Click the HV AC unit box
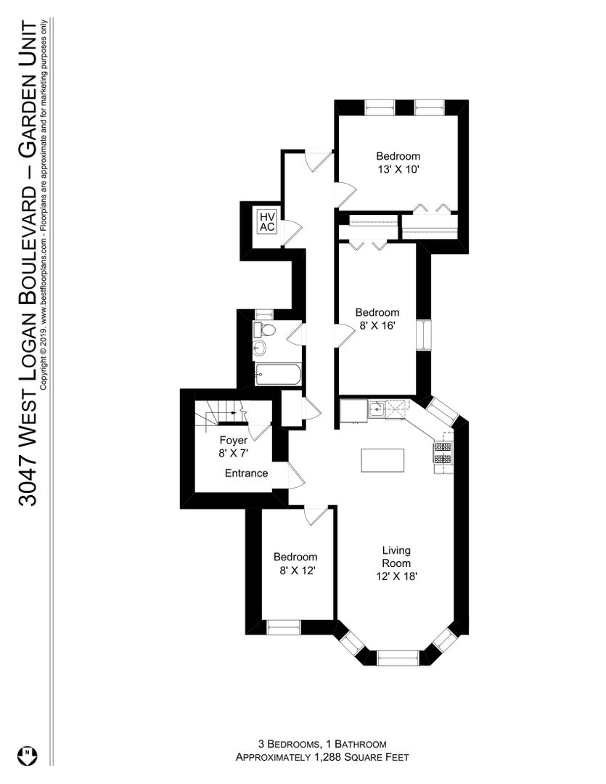pyautogui.click(x=267, y=221)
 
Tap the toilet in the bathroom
pyautogui.click(x=265, y=330)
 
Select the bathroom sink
pyautogui.click(x=261, y=348)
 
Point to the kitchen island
pyautogui.click(x=382, y=460)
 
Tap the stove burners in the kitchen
pyautogui.click(x=443, y=452)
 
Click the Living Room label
pyautogui.click(x=396, y=557)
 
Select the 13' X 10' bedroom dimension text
pyautogui.click(x=398, y=169)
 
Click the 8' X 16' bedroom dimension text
pyautogui.click(x=377, y=326)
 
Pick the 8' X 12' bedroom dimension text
pyautogui.click(x=297, y=570)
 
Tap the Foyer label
pyautogui.click(x=234, y=441)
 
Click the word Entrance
pyautogui.click(x=246, y=473)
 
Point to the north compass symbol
pyautogui.click(x=27, y=755)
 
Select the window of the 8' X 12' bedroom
pyautogui.click(x=284, y=627)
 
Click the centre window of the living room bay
pyautogui.click(x=398, y=658)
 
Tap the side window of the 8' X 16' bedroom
pyautogui.click(x=425, y=335)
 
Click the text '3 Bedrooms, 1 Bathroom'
pyautogui.click(x=322, y=743)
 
